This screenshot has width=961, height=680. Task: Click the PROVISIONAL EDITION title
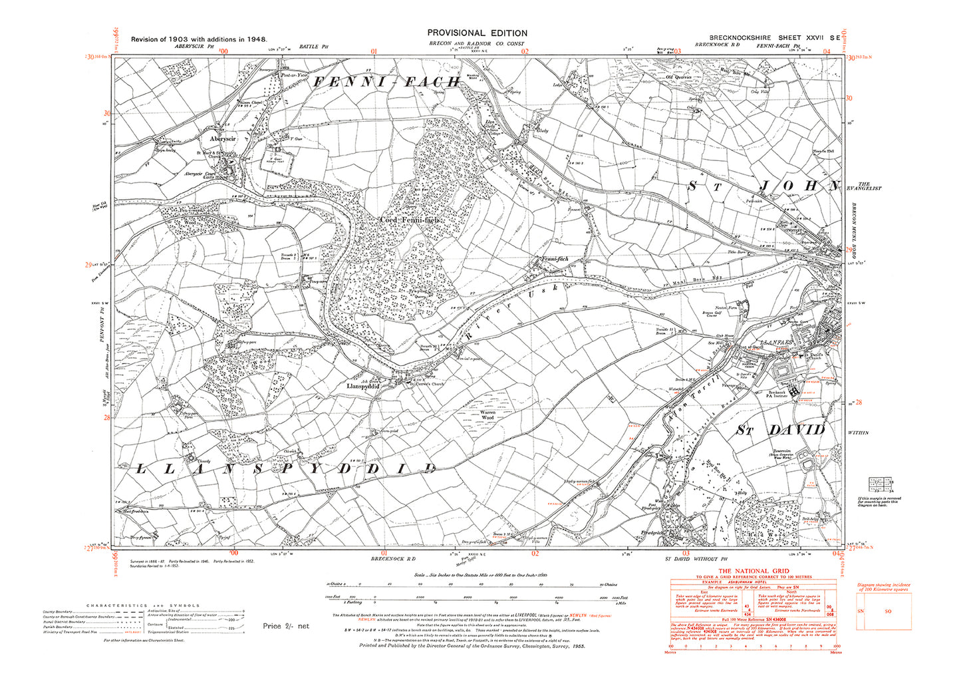[477, 33]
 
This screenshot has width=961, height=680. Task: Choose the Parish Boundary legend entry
[58, 627]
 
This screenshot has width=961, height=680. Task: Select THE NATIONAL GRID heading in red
[753, 571]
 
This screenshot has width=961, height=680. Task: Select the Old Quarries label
[679, 77]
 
